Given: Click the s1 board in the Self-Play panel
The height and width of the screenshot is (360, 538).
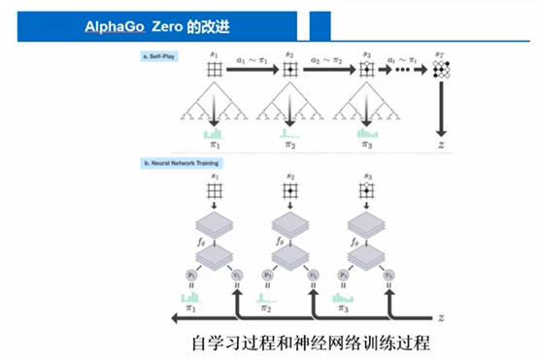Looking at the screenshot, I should [x=215, y=69].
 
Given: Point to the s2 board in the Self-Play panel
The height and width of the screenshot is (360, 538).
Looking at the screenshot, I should [x=290, y=69].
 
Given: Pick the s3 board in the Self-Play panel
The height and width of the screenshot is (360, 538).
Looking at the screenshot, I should [x=366, y=69].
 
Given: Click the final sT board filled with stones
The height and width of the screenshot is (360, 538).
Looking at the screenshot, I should [x=443, y=69].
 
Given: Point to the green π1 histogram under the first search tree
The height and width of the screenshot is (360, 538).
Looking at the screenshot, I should [x=214, y=133].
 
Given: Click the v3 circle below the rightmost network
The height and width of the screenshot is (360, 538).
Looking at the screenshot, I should [x=388, y=276].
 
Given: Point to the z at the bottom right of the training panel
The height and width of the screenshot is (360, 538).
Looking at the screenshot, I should [x=443, y=317].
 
